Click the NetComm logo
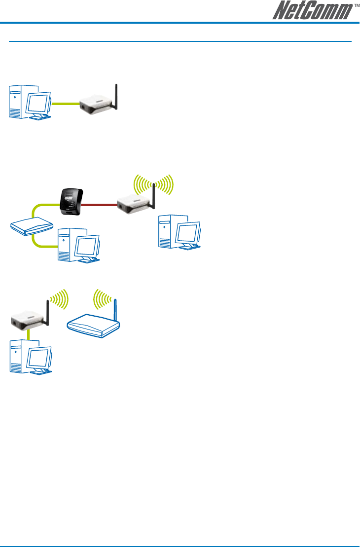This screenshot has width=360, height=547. pyautogui.click(x=313, y=10)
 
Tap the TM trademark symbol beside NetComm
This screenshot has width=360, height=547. pyautogui.click(x=357, y=5)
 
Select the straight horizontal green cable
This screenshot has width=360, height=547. pyautogui.click(x=66, y=104)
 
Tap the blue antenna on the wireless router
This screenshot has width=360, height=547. pyautogui.click(x=115, y=310)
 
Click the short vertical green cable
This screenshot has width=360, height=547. pyautogui.click(x=29, y=334)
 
